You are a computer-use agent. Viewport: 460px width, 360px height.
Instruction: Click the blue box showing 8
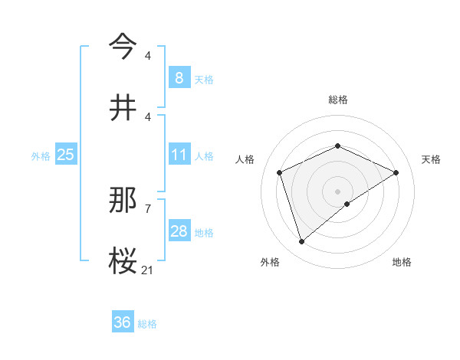point(179,77)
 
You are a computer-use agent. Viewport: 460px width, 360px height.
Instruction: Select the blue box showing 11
point(179,155)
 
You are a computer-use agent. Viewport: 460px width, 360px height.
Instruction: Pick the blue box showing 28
point(179,231)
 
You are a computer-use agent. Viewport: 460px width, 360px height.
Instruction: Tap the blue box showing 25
point(66,155)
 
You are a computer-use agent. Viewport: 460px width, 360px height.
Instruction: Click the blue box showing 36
point(123,322)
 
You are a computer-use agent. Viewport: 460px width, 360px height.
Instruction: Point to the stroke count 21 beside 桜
point(148,270)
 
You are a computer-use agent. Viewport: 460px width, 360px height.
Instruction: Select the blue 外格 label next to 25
point(41,155)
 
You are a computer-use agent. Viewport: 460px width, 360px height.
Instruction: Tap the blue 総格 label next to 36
point(147,323)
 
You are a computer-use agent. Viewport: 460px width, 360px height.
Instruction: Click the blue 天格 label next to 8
point(204,78)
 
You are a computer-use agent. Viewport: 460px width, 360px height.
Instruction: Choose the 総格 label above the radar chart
point(337,100)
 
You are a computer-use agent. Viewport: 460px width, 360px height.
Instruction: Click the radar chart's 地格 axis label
point(402,262)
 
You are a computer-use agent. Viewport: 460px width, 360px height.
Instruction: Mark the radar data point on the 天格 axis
point(396,172)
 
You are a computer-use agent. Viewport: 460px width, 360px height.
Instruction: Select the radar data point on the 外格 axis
point(301,242)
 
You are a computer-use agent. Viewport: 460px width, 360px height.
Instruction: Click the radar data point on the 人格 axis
point(280,172)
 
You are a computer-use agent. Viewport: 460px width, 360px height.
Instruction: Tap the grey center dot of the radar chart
point(337,191)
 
